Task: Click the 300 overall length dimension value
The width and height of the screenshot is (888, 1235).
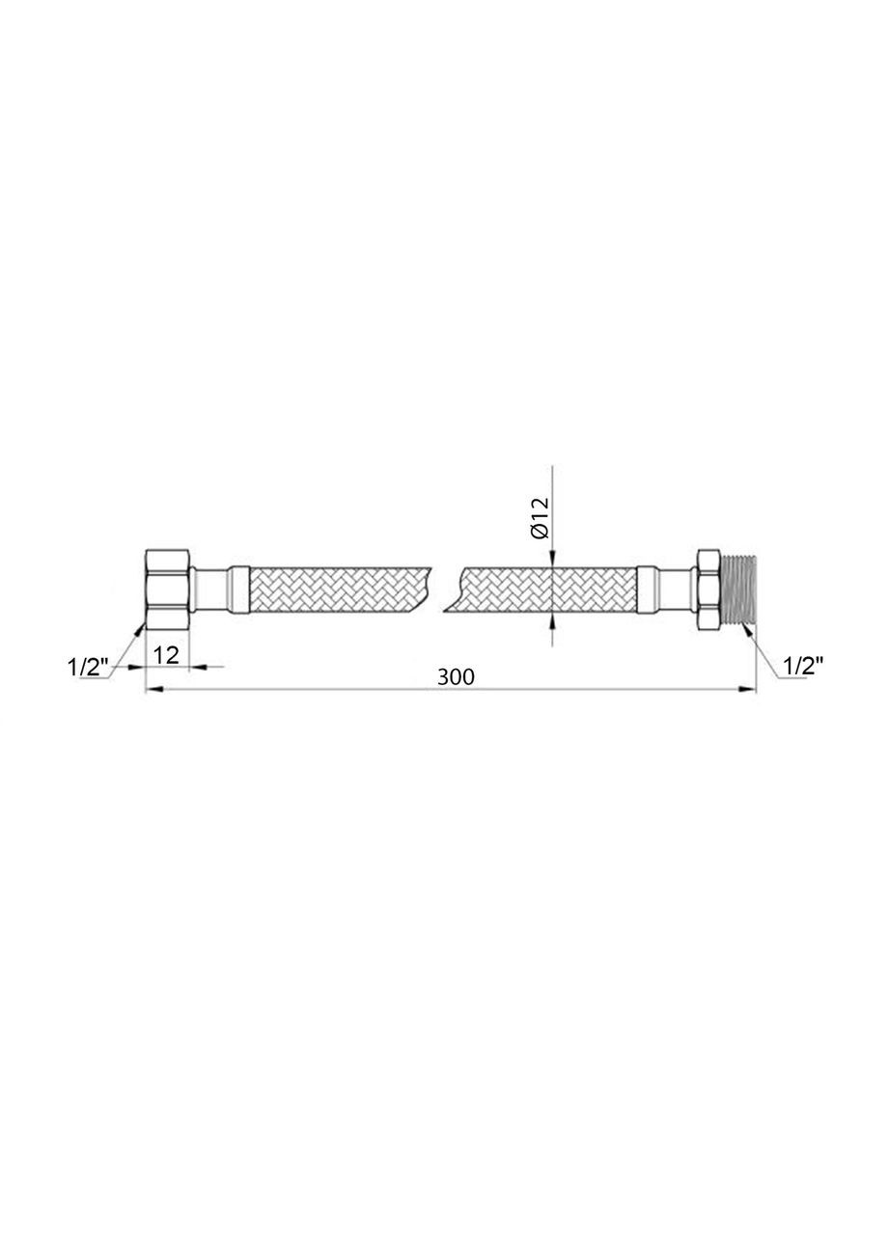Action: (456, 677)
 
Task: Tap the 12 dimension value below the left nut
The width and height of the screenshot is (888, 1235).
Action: (166, 655)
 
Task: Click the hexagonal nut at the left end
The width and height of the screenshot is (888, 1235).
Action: (168, 589)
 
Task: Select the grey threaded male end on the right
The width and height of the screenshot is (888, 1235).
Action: (738, 589)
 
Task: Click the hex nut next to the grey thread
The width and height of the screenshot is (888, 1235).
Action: (708, 589)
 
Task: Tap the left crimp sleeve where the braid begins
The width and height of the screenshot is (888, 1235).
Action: (239, 589)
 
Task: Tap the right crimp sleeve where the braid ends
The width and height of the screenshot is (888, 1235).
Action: (648, 589)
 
